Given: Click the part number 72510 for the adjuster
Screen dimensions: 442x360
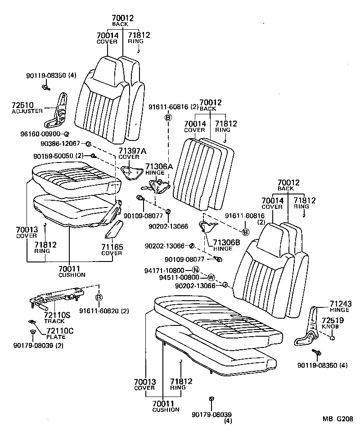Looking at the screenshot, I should [21, 105].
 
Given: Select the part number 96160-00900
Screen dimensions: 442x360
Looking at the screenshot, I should [41, 134].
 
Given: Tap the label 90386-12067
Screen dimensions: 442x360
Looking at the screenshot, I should [60, 144].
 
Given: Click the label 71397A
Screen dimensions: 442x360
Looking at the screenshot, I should [130, 151].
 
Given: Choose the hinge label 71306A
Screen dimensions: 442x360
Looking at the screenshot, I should [159, 166].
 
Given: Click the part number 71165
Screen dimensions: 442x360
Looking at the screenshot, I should [111, 247].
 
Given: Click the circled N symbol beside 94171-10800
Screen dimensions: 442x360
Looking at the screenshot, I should [195, 270].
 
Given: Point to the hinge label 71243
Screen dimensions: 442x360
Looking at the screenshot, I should [340, 304].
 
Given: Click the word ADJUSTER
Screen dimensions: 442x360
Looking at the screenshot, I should [27, 111].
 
